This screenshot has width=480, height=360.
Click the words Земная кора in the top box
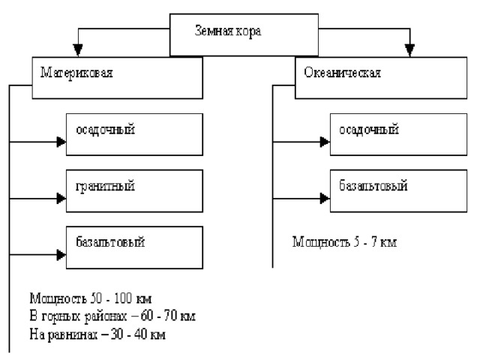coord(228,31)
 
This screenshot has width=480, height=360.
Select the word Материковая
coord(76,73)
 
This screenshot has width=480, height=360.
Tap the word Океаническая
coord(342,73)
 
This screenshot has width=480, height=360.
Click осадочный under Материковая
coord(105,130)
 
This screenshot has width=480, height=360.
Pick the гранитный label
coord(105,186)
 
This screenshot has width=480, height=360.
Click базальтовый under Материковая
coord(110,241)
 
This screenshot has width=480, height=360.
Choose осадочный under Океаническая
coord(369,130)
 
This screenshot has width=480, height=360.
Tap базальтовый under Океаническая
coord(373,185)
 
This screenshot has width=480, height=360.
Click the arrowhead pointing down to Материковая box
coord(78,50)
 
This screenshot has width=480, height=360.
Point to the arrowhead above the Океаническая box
coord(409,50)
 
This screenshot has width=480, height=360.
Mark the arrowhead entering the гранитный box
coord(61,198)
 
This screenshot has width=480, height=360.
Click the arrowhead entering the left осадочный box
coord(61,142)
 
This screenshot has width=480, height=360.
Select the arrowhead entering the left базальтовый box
coord(61,255)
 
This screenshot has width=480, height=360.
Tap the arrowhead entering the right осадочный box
coord(325,142)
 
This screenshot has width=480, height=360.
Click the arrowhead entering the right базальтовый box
coord(325,198)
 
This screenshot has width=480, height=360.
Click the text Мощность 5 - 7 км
coord(344,241)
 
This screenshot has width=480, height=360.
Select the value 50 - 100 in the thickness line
coord(111,298)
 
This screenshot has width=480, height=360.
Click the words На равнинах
coord(63,334)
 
